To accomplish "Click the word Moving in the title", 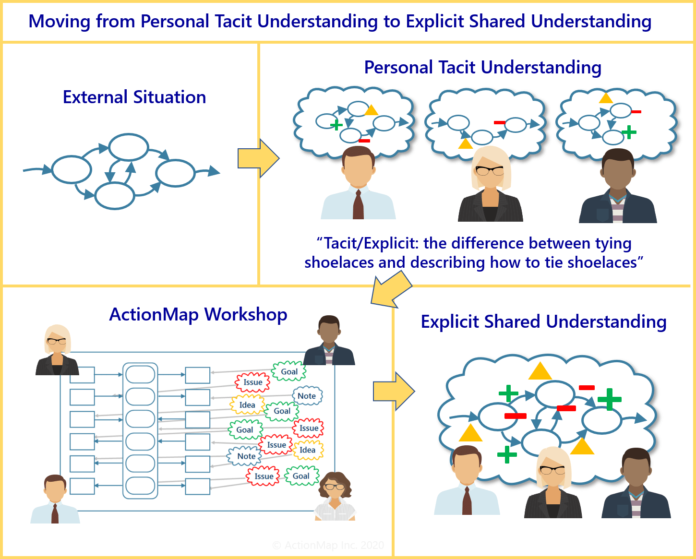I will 59,22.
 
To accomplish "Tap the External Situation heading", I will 134,97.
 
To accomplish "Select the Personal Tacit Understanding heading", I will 482,68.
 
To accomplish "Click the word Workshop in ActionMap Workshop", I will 246,315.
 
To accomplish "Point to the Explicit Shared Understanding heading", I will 543,322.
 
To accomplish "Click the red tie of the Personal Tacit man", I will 358,204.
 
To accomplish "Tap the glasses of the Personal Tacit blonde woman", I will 489,170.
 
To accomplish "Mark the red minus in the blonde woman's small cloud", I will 500,123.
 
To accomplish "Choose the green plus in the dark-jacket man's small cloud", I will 629,132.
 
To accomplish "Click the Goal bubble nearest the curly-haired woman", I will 301,476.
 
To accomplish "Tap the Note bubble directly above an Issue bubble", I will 246,456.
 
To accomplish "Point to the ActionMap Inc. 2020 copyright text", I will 328,545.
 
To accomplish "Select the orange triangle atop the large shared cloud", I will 540,371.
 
